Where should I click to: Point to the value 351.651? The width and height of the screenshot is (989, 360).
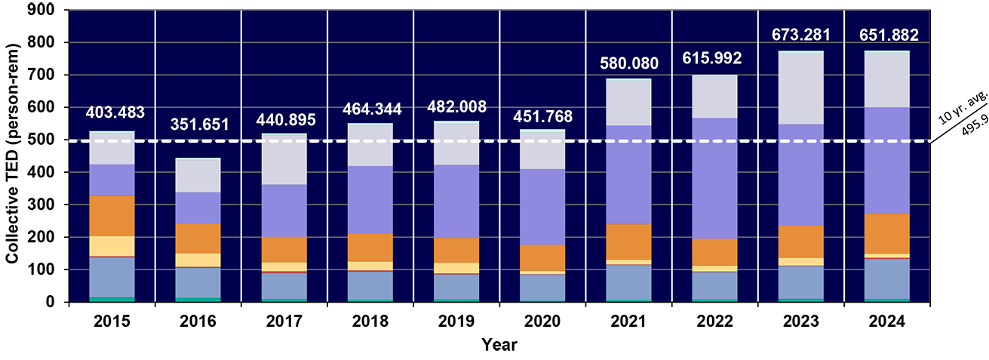198,125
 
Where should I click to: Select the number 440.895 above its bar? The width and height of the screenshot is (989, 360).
284,120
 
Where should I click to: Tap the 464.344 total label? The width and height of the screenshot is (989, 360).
370,109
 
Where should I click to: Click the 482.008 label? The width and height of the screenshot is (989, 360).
456,106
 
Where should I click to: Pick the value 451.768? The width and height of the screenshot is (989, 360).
542,117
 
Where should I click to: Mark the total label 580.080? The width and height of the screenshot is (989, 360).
628,63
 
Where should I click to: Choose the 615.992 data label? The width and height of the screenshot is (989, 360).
714,58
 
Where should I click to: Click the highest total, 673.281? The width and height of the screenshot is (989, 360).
800,35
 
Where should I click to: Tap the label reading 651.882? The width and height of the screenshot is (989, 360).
886,35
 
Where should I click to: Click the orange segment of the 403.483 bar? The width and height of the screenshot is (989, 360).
112,216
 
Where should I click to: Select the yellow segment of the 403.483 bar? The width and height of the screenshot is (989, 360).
112,246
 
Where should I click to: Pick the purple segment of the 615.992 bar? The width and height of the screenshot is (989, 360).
714,178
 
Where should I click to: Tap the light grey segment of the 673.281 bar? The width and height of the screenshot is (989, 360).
800,88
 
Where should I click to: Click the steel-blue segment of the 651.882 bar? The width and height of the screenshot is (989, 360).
886,278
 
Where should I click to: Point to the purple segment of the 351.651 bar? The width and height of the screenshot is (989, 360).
198,208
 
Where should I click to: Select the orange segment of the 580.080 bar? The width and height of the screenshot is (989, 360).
628,242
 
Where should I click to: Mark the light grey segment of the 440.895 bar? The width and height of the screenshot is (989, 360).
284,160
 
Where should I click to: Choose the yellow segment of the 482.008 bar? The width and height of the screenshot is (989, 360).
456,268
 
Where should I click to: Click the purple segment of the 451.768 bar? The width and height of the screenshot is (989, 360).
542,206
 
